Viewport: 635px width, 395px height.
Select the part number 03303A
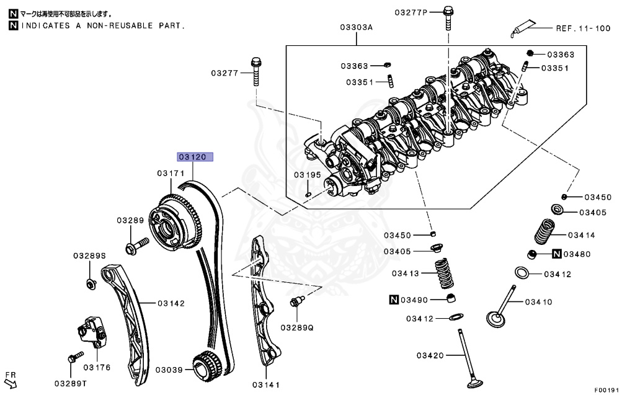click(x=357, y=27)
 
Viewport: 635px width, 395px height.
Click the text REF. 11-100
click(x=582, y=29)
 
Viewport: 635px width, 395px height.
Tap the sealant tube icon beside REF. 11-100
click(x=524, y=29)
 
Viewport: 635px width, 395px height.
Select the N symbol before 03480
click(x=557, y=254)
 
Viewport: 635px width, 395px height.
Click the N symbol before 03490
click(x=393, y=300)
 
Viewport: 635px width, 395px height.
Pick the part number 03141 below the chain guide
click(x=266, y=385)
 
